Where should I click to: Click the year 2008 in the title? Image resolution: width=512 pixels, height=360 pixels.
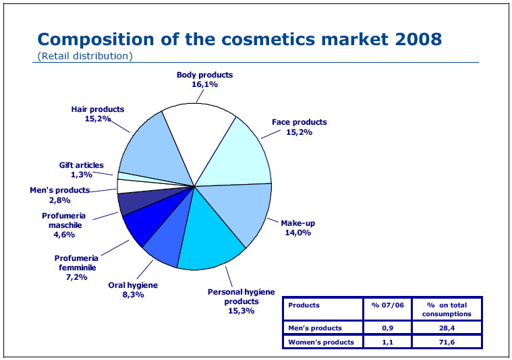pyautogui.click(x=415, y=38)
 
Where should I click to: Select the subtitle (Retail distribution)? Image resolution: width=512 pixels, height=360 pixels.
pyautogui.click(x=84, y=55)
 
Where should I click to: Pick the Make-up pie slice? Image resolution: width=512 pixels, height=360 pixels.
pyautogui.click(x=239, y=212)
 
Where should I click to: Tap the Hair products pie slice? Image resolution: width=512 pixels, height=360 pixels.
pyautogui.click(x=152, y=152)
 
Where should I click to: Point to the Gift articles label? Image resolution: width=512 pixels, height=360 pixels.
pyautogui.click(x=81, y=165)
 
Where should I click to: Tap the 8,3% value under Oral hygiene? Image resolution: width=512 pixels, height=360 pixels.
pyautogui.click(x=133, y=295)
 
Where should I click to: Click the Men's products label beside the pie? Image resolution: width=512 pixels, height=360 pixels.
pyautogui.click(x=59, y=190)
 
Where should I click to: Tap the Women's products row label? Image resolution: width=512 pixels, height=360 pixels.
pyautogui.click(x=321, y=342)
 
